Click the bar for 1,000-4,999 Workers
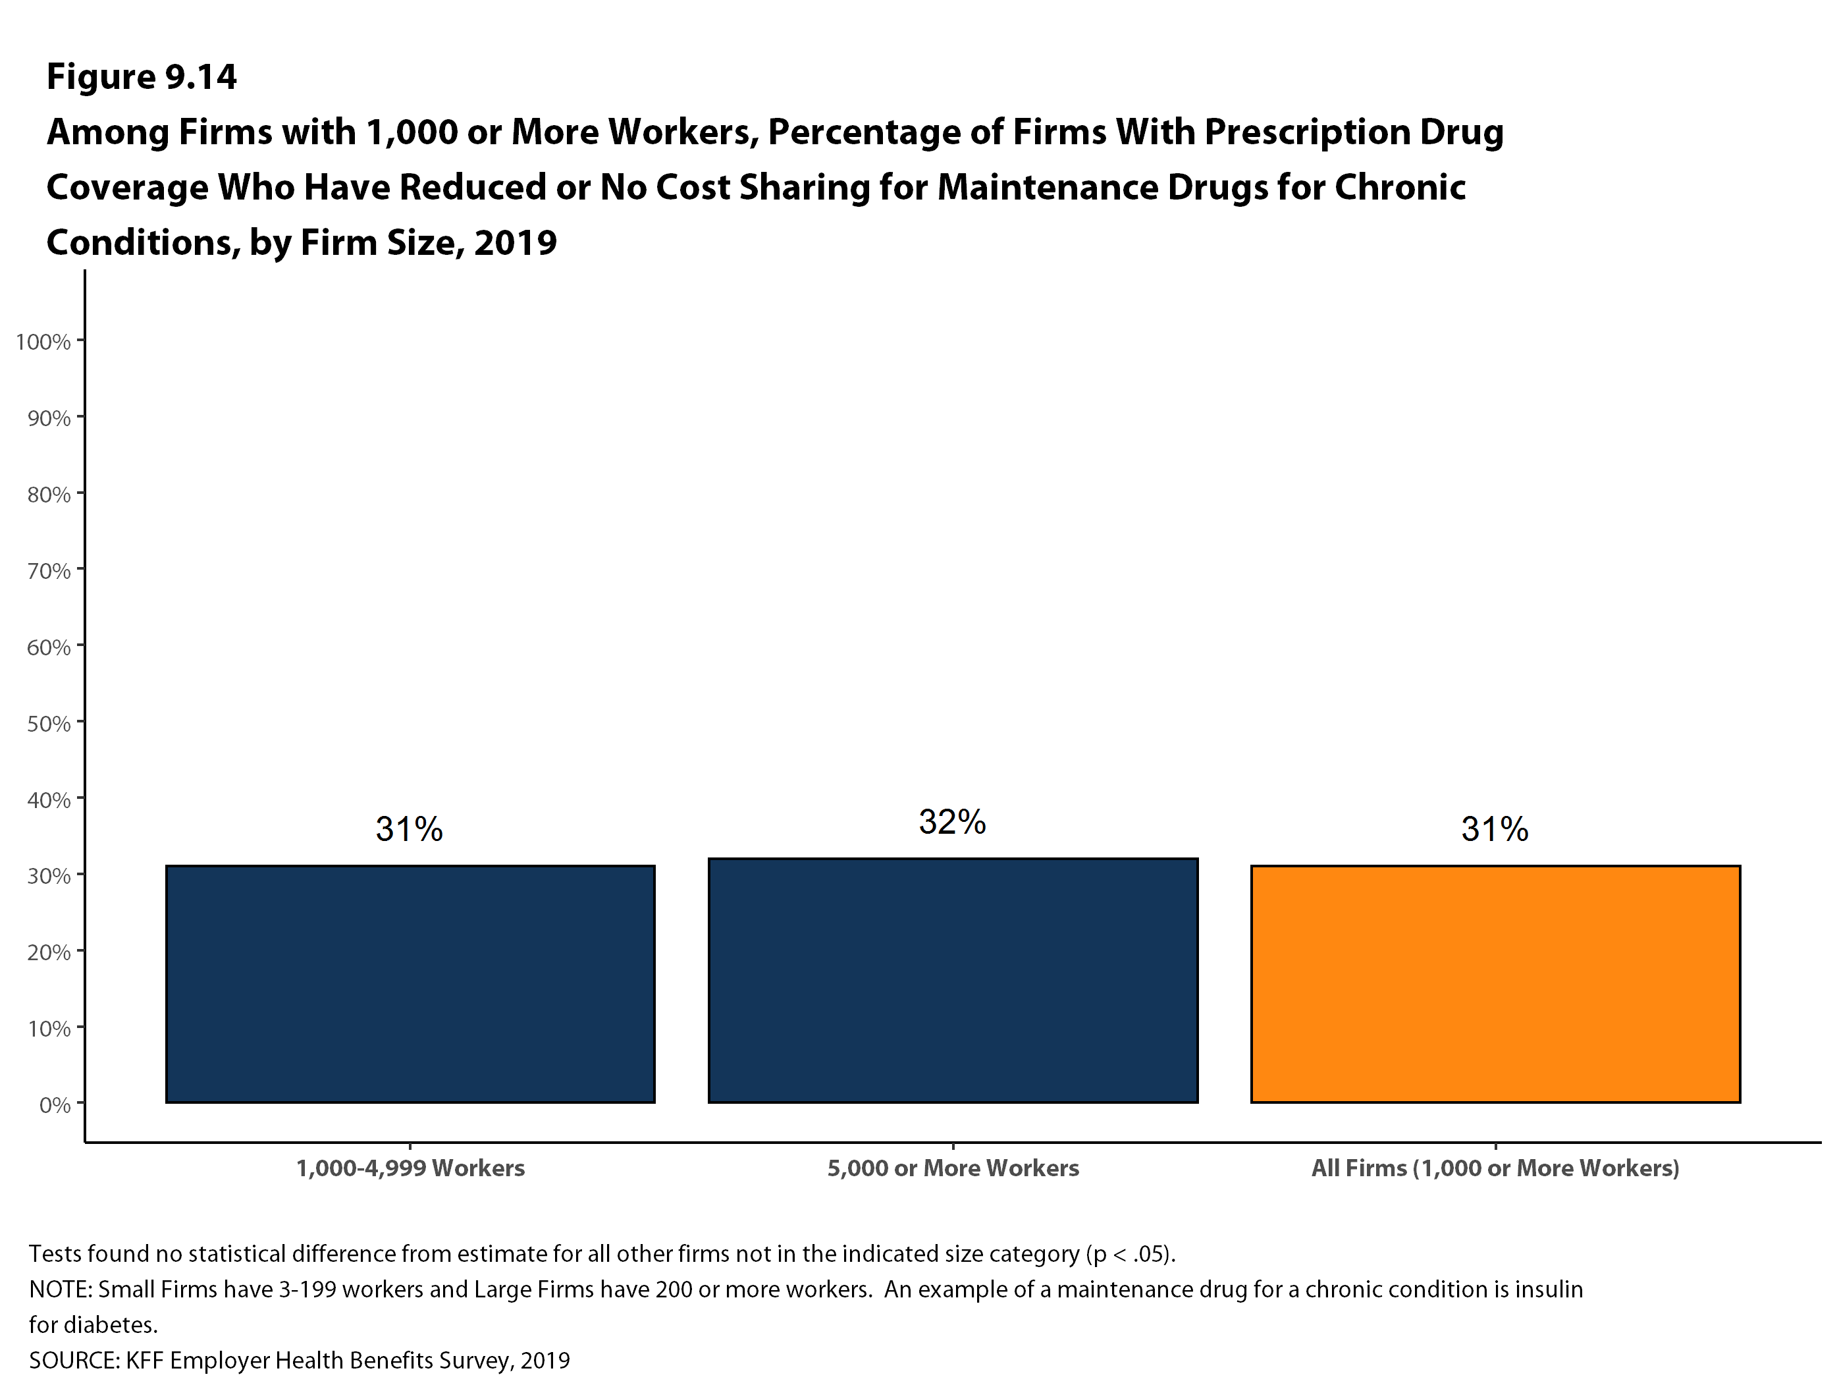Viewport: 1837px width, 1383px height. (410, 985)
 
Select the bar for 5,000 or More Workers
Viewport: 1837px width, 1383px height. (953, 980)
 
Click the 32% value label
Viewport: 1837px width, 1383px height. (953, 823)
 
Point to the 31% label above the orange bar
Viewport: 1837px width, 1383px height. (1495, 830)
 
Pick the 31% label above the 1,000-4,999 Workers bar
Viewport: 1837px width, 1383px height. (410, 830)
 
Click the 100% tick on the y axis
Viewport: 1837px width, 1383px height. (43, 341)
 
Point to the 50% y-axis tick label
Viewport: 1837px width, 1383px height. (49, 724)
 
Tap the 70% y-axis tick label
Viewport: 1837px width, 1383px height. (49, 570)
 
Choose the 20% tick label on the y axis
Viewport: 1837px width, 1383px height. (49, 952)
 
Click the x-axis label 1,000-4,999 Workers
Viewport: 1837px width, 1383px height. (410, 1169)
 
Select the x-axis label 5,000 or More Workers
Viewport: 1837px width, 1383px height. (953, 1169)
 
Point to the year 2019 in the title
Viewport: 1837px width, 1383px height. (516, 242)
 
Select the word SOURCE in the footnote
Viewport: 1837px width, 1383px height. (75, 1361)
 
